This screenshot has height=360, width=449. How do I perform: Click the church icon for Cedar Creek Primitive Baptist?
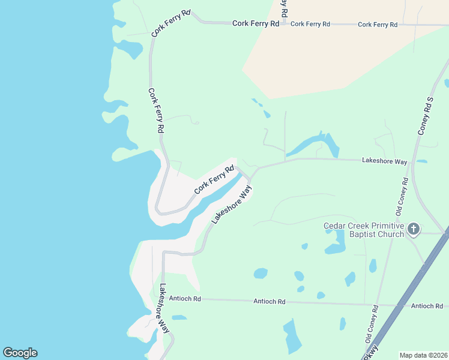click(x=413, y=229)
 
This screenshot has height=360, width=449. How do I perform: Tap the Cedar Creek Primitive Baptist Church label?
click(x=364, y=229)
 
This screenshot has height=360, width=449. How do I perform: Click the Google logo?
click(x=20, y=353)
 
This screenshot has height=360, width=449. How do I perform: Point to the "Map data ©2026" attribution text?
click(x=423, y=355)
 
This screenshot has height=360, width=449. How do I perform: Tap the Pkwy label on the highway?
click(x=372, y=352)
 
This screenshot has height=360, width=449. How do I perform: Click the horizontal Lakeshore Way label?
click(x=384, y=161)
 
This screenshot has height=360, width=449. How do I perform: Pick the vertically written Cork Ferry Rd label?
click(x=156, y=111)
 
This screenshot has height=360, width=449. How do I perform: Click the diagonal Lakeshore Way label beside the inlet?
click(x=231, y=205)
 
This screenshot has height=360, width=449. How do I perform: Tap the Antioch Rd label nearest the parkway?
click(x=427, y=306)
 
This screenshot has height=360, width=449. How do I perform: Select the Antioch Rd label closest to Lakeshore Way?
click(x=184, y=298)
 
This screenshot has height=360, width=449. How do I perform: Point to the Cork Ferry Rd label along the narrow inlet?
click(x=213, y=179)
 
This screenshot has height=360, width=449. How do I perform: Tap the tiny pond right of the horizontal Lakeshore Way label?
click(x=421, y=161)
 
